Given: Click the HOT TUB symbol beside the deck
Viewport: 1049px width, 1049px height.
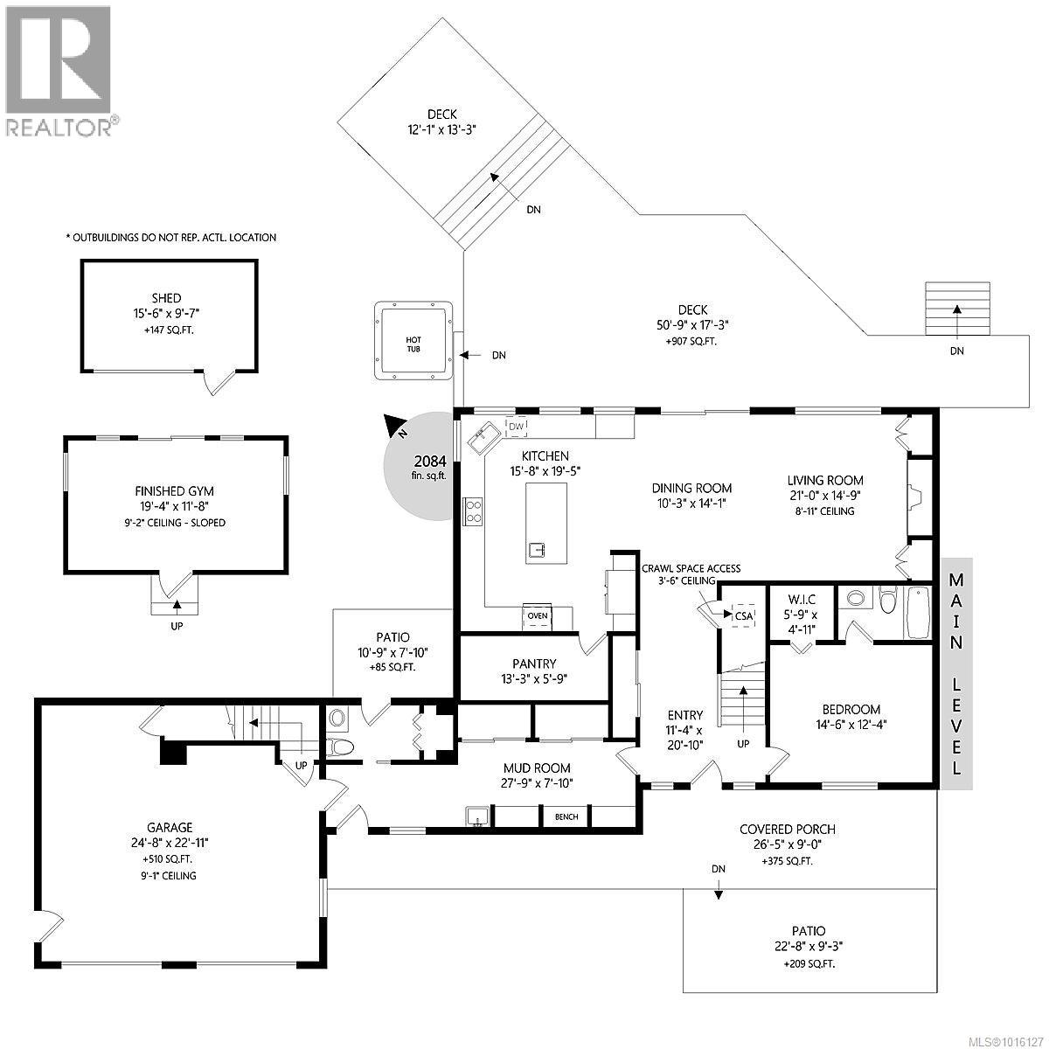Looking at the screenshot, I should [x=413, y=341].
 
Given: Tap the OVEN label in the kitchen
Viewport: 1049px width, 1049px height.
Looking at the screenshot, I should [x=538, y=615].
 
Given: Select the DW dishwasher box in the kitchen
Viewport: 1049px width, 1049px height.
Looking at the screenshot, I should [x=516, y=426].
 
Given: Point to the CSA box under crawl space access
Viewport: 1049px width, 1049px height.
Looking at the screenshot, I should [x=743, y=615].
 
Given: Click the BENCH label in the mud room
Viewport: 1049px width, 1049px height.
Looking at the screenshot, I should [x=566, y=817].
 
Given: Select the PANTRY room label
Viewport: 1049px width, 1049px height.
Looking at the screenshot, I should [x=534, y=663].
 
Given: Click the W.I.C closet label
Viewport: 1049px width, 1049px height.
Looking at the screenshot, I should [x=801, y=600].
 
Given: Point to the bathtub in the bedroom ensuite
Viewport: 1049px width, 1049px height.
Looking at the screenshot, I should [x=918, y=613].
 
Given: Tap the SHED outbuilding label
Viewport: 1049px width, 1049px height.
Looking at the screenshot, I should [x=166, y=298].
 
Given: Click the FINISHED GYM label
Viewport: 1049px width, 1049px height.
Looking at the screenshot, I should [x=175, y=491].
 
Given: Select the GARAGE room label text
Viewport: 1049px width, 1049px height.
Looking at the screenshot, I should [x=170, y=828].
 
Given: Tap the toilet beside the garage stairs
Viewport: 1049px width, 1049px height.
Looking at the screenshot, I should [x=339, y=747].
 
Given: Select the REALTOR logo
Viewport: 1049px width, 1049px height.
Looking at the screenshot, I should [x=59, y=70].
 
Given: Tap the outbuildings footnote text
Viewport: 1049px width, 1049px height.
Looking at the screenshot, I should [x=171, y=237].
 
